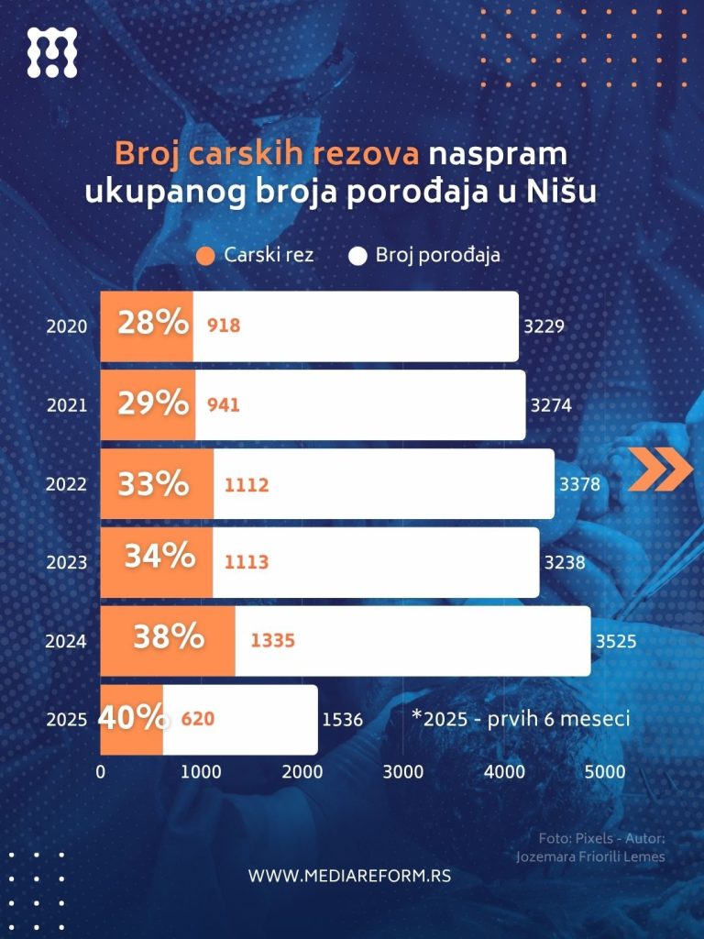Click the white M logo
pyautogui.click(x=52, y=52)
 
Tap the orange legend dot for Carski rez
pyautogui.click(x=206, y=256)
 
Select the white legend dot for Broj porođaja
pyautogui.click(x=358, y=256)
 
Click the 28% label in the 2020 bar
pyautogui.click(x=153, y=324)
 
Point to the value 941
pyautogui.click(x=224, y=403)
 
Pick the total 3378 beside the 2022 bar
pyautogui.click(x=580, y=483)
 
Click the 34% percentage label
pyautogui.click(x=159, y=556)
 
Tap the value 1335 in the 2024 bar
pyautogui.click(x=273, y=640)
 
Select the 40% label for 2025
pyautogui.click(x=132, y=717)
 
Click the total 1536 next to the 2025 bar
pyautogui.click(x=343, y=720)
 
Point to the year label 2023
pyautogui.click(x=66, y=562)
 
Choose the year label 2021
pyautogui.click(x=66, y=404)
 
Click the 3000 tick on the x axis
pyautogui.click(x=403, y=772)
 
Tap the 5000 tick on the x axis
pyautogui.click(x=605, y=772)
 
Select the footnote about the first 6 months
pyautogui.click(x=521, y=718)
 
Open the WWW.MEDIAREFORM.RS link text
pyautogui.click(x=349, y=876)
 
